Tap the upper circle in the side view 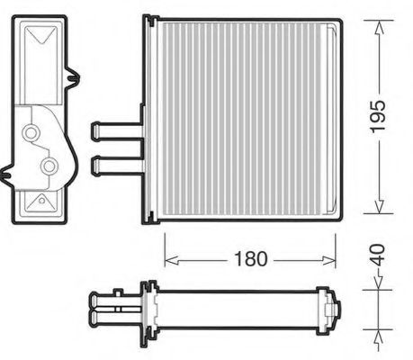click(x=33, y=134)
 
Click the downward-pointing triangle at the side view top click(x=41, y=38)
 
